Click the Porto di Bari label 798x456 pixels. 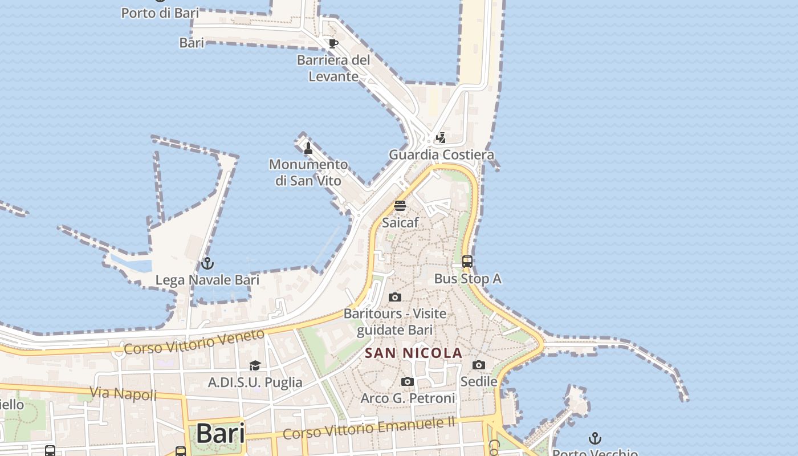[x=160, y=13]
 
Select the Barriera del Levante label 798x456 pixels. [x=333, y=68]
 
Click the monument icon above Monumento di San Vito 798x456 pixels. [x=308, y=148]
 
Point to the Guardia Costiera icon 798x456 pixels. [x=441, y=137]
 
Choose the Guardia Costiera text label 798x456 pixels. [x=441, y=154]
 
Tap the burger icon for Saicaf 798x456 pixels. [x=400, y=206]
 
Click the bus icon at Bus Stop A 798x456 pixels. [x=467, y=262]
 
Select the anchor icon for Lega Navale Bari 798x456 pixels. [x=207, y=263]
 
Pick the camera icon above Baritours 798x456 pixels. [x=395, y=297]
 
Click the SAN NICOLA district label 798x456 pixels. [x=413, y=353]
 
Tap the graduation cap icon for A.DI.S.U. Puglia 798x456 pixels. [x=255, y=365]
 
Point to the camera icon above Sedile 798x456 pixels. [x=479, y=365]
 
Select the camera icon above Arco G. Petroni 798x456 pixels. [x=408, y=381]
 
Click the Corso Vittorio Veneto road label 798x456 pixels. [x=194, y=341]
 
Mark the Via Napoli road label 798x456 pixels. [x=123, y=393]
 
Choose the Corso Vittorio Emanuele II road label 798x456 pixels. [x=369, y=428]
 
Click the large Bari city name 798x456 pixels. [x=220, y=434]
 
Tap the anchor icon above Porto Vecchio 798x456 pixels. [x=595, y=438]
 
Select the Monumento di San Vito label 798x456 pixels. [x=308, y=173]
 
